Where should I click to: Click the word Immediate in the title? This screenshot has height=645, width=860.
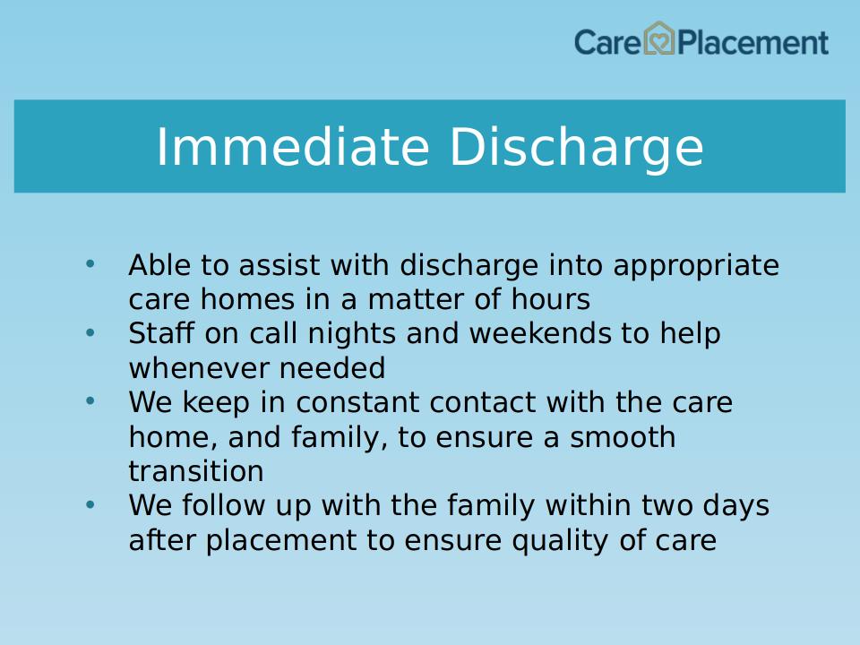coord(292,146)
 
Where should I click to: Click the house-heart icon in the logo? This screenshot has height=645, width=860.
coord(658,39)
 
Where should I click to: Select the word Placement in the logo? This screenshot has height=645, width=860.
coord(753,42)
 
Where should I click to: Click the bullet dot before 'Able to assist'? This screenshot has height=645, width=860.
coord(90,263)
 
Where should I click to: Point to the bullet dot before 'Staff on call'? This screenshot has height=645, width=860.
coord(90,332)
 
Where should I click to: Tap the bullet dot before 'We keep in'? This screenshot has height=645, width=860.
coord(90,401)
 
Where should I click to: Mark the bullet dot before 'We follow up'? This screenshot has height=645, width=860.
coord(90,504)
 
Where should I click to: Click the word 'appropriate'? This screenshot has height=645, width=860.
coord(696,267)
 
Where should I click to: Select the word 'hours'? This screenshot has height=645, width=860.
coord(551,299)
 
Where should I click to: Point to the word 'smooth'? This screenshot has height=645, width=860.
coord(623,437)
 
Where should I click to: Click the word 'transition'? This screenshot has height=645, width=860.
coord(196,471)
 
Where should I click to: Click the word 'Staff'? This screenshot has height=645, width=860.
coord(161,333)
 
